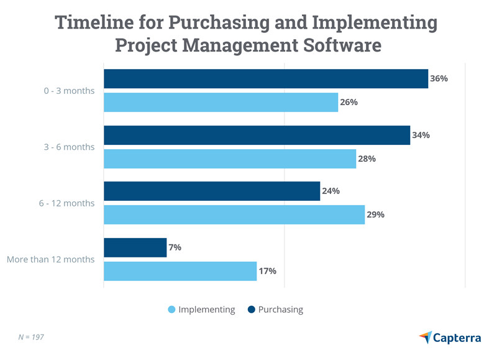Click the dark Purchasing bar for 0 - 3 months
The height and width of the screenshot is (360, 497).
click(x=265, y=79)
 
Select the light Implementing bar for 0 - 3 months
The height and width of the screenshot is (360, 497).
click(x=221, y=103)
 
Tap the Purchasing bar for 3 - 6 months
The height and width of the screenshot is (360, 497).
click(x=257, y=136)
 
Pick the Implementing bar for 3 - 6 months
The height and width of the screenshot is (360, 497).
click(x=229, y=159)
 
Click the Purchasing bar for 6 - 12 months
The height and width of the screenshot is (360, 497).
click(x=211, y=192)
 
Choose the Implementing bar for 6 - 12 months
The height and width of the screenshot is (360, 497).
click(x=234, y=215)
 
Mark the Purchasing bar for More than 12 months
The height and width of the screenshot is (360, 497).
click(x=135, y=247)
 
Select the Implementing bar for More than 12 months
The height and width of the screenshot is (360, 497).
click(x=180, y=271)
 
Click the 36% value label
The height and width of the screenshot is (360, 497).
click(x=439, y=79)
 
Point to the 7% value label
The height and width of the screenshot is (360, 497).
click(x=175, y=247)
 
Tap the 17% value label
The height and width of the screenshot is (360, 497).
click(x=267, y=271)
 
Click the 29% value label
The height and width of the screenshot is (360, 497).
click(x=375, y=215)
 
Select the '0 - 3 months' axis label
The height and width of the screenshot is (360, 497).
click(x=69, y=91)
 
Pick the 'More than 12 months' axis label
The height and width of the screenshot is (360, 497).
click(x=51, y=259)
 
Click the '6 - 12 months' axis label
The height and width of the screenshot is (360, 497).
click(x=66, y=203)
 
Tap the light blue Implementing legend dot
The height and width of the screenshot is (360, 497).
click(x=171, y=310)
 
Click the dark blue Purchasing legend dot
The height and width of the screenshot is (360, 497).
click(x=251, y=310)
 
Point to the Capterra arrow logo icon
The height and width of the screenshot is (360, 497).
click(x=426, y=337)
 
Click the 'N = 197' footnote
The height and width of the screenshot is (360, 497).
click(x=31, y=337)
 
